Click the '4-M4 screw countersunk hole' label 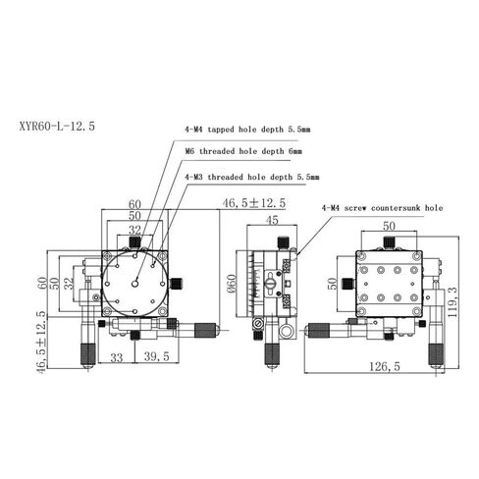[382, 208]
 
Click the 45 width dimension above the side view [275, 221]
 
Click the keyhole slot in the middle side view [269, 286]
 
